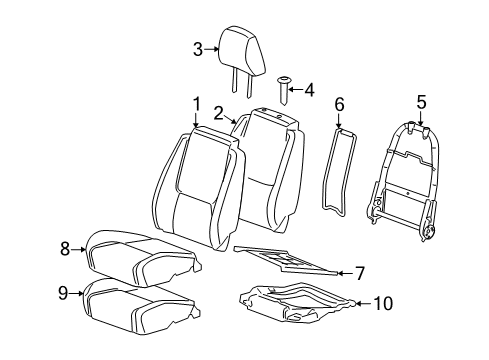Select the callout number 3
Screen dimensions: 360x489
pos(198,49)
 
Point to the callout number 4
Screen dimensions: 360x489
pos(309,91)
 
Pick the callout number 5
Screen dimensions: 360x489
pos(421,101)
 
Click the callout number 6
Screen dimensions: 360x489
pos(339,103)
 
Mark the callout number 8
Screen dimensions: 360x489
pos(65,249)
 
